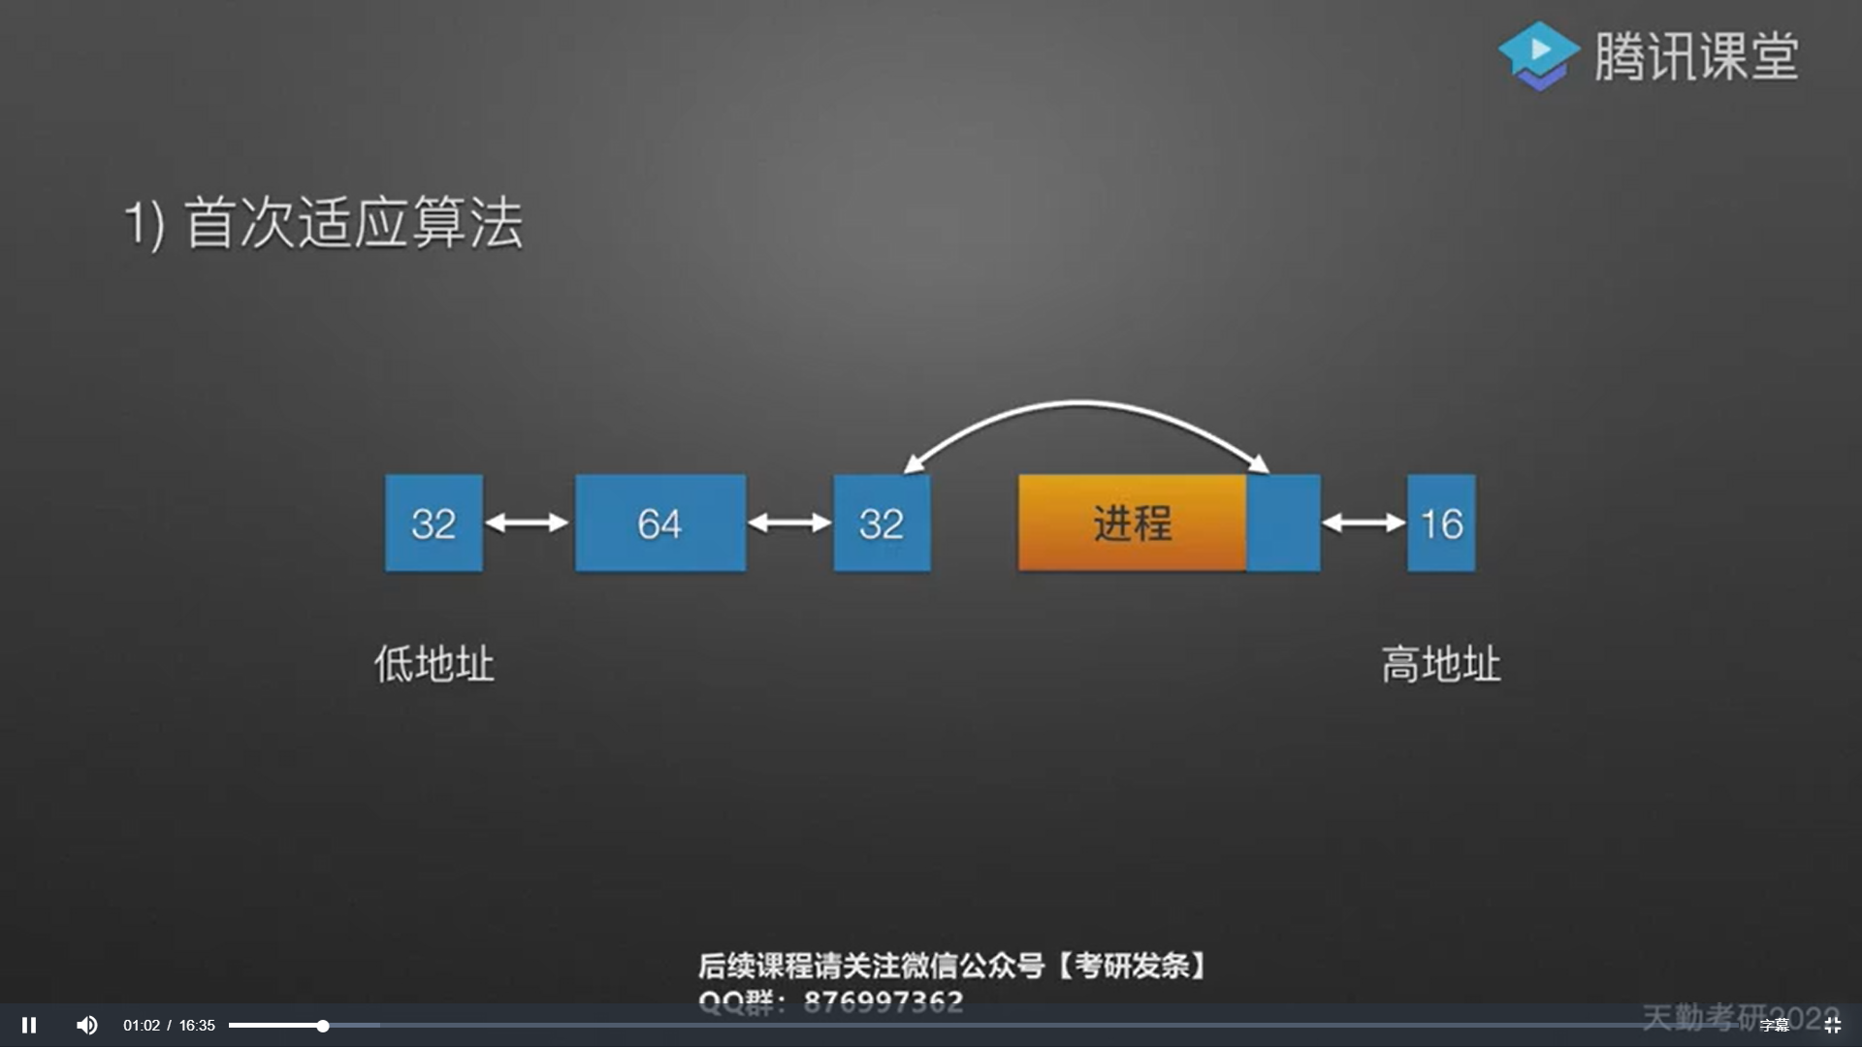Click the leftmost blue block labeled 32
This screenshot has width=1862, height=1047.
pos(433,523)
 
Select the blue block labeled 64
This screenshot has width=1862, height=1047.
pos(660,523)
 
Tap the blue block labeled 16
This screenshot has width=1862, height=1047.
pos(1441,523)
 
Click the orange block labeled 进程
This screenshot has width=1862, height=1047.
pos(1132,523)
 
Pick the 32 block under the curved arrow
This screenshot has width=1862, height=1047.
pos(882,523)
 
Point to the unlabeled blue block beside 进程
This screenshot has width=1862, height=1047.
pos(1283,523)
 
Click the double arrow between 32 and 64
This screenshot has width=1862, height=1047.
pos(528,523)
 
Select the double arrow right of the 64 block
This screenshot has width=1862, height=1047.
pos(789,523)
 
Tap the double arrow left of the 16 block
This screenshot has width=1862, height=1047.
pos(1364,523)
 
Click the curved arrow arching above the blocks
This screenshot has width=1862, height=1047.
pos(1080,403)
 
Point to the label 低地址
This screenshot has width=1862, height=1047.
pos(434,665)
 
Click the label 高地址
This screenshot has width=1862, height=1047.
pos(1441,665)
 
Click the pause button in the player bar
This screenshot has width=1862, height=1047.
pos(29,1025)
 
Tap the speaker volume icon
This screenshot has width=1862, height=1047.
pos(87,1025)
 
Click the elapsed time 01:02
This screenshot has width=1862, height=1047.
pos(142,1025)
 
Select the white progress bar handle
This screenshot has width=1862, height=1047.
pos(323,1025)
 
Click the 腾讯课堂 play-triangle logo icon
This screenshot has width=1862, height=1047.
pos(1539,54)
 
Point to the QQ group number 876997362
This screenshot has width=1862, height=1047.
pos(883,1000)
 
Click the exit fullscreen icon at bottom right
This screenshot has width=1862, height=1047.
pos(1832,1025)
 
